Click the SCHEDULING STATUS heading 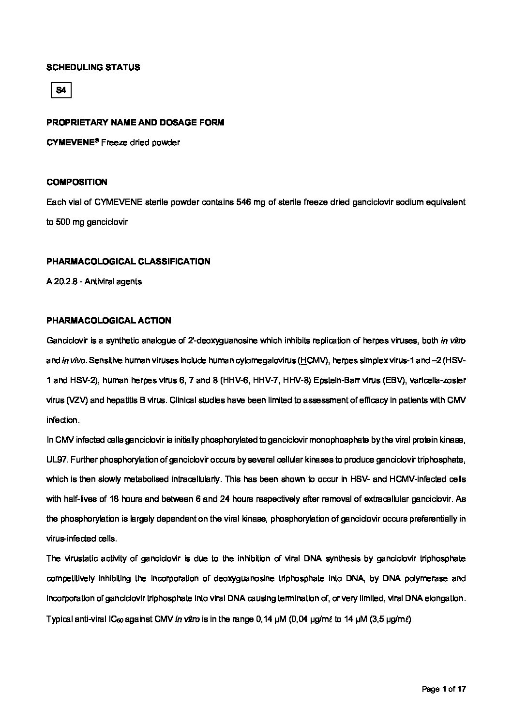pyautogui.click(x=93, y=67)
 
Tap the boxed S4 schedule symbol pyautogui.click(x=61, y=90)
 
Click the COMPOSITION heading pyautogui.click(x=77, y=182)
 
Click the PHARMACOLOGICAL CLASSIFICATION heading pyautogui.click(x=128, y=262)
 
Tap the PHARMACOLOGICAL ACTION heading pyautogui.click(x=108, y=321)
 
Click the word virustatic pyautogui.click(x=86, y=558)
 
